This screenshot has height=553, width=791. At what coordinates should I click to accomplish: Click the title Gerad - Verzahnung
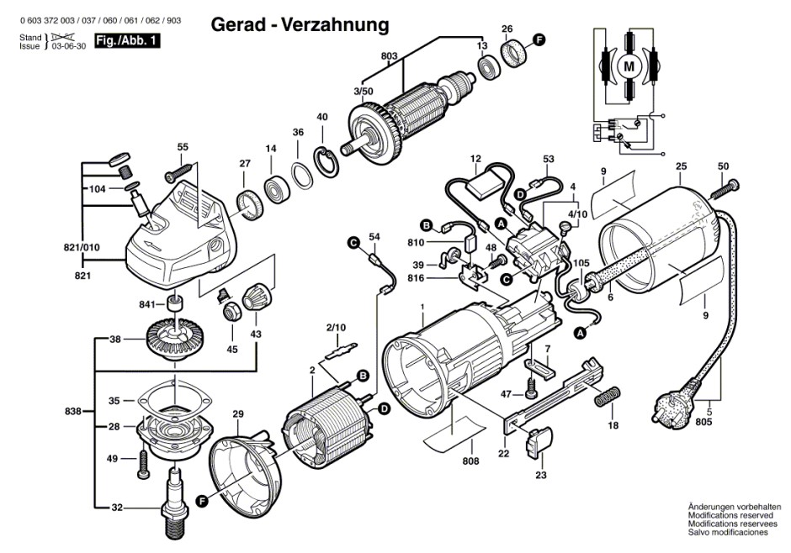tap(300, 24)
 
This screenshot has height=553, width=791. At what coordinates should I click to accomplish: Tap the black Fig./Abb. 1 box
tap(127, 41)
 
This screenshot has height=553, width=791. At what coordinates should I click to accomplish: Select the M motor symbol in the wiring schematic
tap(629, 66)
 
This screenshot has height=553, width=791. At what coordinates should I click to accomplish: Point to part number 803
tap(389, 56)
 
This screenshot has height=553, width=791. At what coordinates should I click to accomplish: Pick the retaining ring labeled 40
tap(326, 161)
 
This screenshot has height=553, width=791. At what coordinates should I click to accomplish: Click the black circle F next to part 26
tap(539, 39)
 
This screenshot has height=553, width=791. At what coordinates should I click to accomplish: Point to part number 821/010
tap(82, 247)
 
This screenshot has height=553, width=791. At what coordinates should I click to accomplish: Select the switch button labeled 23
tap(538, 443)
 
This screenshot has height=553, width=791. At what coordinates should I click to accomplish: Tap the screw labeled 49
tap(143, 464)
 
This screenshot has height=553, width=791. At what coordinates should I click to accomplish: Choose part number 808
tap(470, 461)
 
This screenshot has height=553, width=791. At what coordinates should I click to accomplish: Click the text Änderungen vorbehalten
tap(735, 507)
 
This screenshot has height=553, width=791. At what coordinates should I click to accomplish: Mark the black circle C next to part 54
tap(353, 244)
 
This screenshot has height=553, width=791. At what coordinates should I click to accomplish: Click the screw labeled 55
tap(178, 171)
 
